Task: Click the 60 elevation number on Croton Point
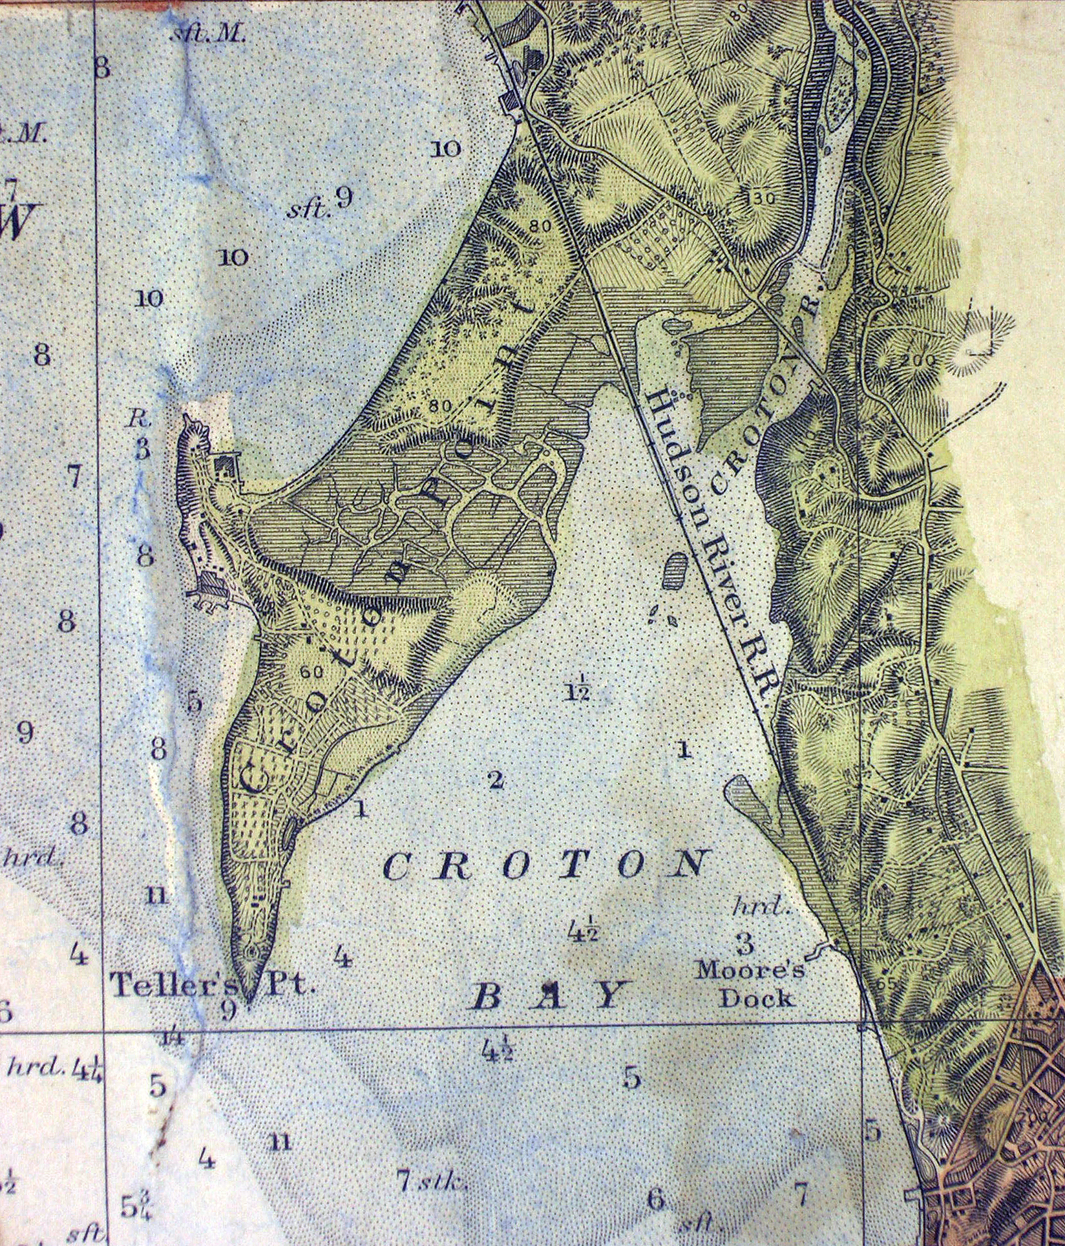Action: click(x=311, y=671)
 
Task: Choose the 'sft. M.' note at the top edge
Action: click(x=207, y=36)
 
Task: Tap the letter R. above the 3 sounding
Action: click(x=138, y=419)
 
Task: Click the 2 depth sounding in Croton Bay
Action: click(x=496, y=781)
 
